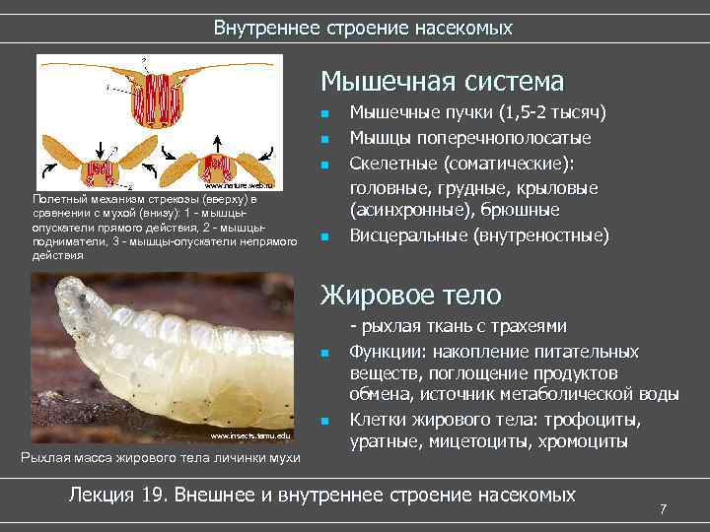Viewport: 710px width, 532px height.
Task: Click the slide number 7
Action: (664, 508)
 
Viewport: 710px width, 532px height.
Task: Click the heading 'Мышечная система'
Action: (443, 81)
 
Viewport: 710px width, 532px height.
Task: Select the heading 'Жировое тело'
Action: (411, 295)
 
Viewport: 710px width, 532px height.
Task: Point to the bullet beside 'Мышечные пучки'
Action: (324, 114)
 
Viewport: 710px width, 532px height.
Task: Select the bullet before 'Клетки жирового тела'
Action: (324, 422)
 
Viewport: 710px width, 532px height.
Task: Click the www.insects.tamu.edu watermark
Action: (251, 434)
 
